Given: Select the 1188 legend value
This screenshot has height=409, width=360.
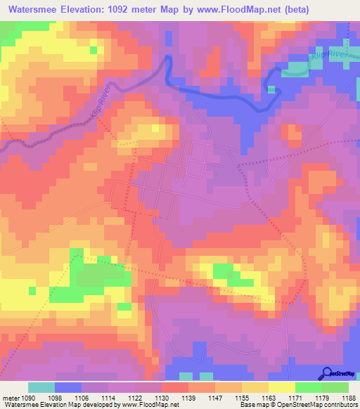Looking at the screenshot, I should point(348,397).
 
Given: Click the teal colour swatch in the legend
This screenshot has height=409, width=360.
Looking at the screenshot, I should point(41,387).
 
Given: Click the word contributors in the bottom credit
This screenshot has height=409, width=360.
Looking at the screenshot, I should point(340,405).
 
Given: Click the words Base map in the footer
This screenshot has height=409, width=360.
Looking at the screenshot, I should point(252,405).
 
